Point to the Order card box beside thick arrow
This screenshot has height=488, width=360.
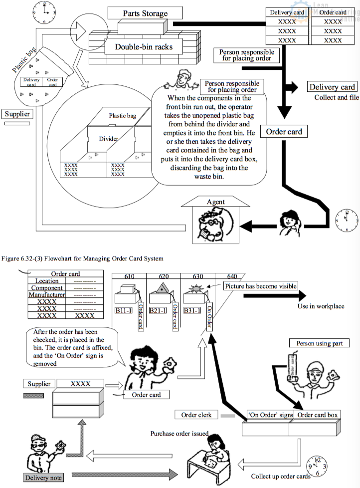[284, 132]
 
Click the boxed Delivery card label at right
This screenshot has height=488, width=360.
[332, 87]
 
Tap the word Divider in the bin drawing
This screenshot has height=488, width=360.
[108, 138]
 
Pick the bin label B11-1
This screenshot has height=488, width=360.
[123, 310]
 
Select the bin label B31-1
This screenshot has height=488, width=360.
[192, 310]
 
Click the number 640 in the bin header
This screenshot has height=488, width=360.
[232, 276]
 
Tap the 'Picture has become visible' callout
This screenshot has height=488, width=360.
[261, 286]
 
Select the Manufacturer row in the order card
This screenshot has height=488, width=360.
[47, 295]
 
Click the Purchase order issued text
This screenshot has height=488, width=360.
[180, 433]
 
